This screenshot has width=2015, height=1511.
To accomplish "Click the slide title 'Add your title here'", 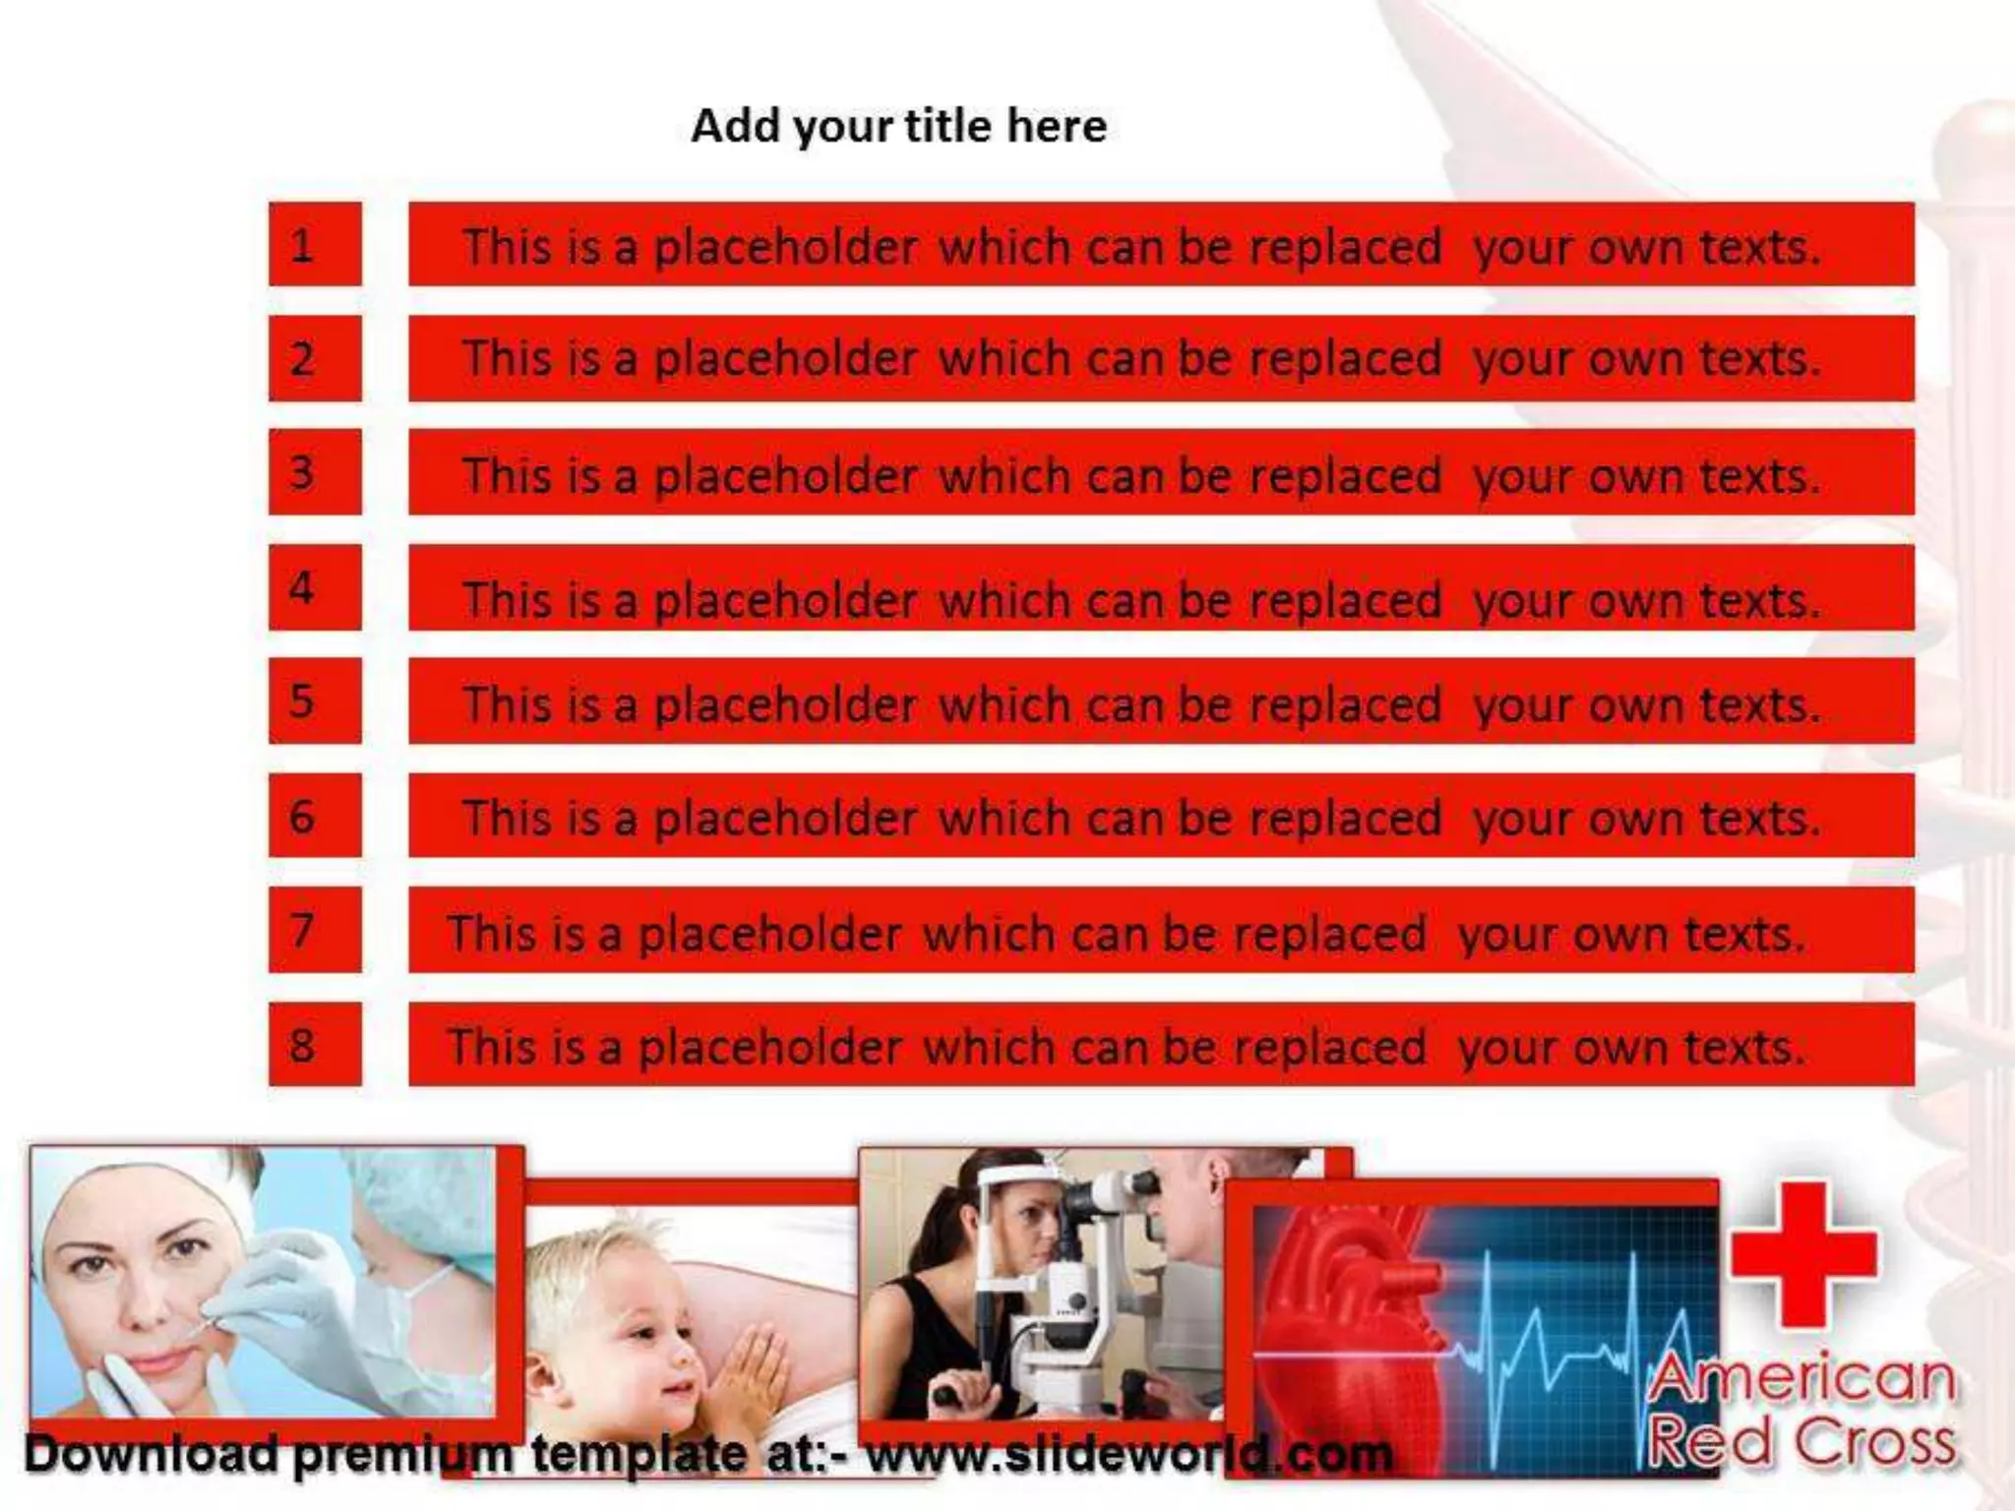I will pyautogui.click(x=898, y=126).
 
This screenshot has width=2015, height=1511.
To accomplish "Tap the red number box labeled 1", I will pyautogui.click(x=315, y=244).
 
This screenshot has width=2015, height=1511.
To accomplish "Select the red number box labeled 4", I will pyautogui.click(x=315, y=587).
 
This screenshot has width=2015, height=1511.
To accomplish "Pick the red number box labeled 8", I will pyautogui.click(x=315, y=1044).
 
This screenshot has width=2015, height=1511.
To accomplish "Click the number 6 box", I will pyautogui.click(x=315, y=816).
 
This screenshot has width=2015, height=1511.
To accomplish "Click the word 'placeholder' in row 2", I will pyautogui.click(x=785, y=358).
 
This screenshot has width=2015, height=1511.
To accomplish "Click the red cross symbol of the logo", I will pyautogui.click(x=1803, y=1253).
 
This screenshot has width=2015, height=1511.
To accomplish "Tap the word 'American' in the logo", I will pyautogui.click(x=1801, y=1379).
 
